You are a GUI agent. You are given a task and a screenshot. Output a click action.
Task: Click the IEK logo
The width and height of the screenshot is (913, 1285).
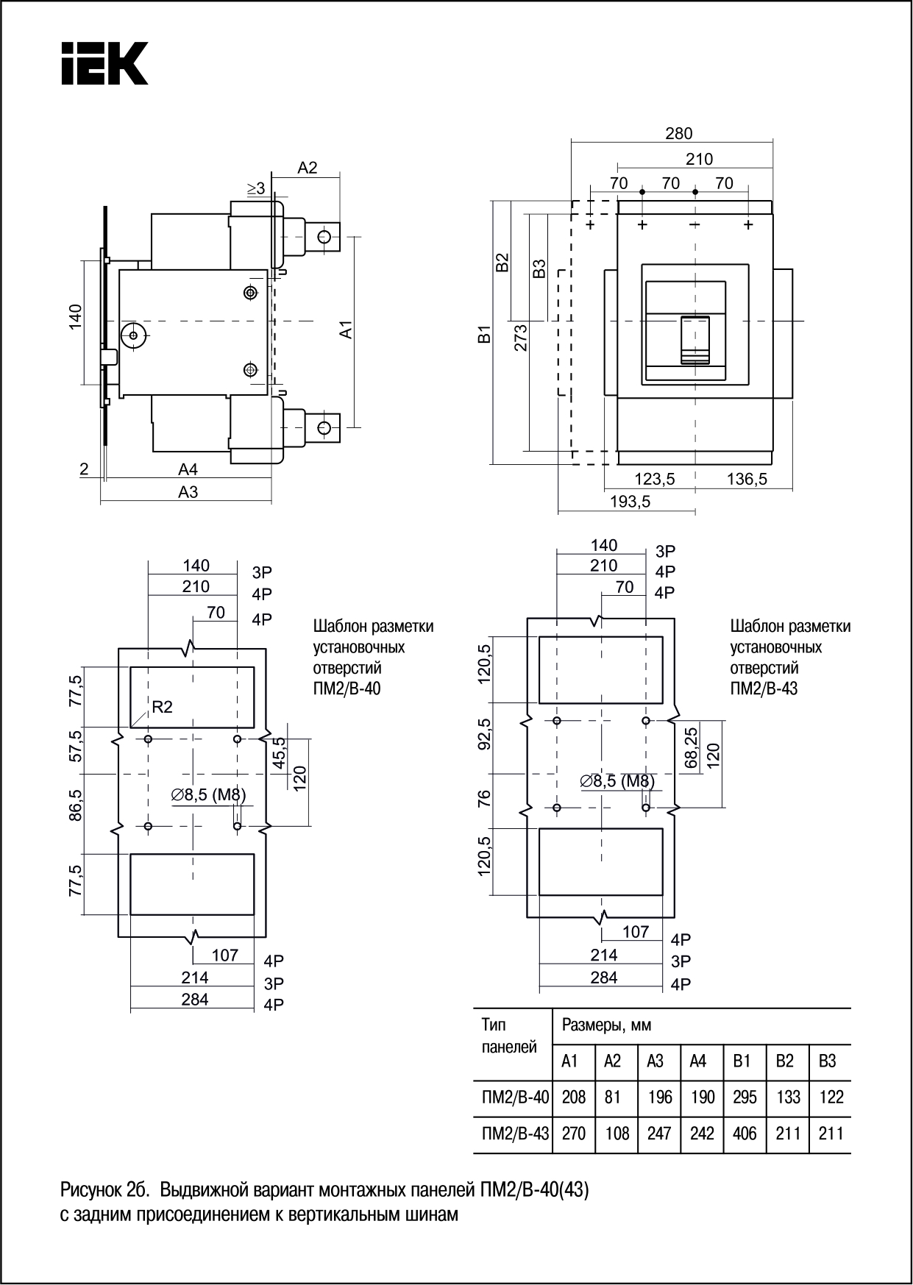click(x=104, y=63)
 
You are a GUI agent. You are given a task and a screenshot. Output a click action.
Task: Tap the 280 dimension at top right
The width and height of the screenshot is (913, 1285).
click(x=678, y=133)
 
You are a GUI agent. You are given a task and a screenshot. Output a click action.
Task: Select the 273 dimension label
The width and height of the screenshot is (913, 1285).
click(x=520, y=337)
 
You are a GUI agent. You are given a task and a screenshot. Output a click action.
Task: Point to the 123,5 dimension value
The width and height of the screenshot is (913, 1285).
click(x=654, y=479)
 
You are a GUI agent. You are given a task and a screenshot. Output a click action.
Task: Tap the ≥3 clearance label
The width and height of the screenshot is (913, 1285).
click(x=256, y=189)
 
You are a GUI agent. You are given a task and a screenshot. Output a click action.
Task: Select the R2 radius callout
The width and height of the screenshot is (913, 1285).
click(x=162, y=707)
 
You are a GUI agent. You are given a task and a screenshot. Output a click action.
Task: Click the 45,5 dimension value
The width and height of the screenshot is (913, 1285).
click(x=279, y=752)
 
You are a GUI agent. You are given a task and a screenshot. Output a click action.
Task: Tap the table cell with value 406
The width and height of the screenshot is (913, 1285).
click(x=745, y=1133)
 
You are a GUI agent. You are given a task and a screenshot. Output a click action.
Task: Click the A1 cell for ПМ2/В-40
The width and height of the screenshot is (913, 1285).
click(x=573, y=1097)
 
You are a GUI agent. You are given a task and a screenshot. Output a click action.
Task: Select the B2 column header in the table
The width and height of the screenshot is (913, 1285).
click(x=785, y=1061)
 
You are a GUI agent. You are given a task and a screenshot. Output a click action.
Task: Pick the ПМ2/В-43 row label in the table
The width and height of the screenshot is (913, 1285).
click(x=515, y=1133)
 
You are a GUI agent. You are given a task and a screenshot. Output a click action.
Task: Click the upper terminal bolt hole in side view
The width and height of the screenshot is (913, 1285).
click(x=324, y=236)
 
